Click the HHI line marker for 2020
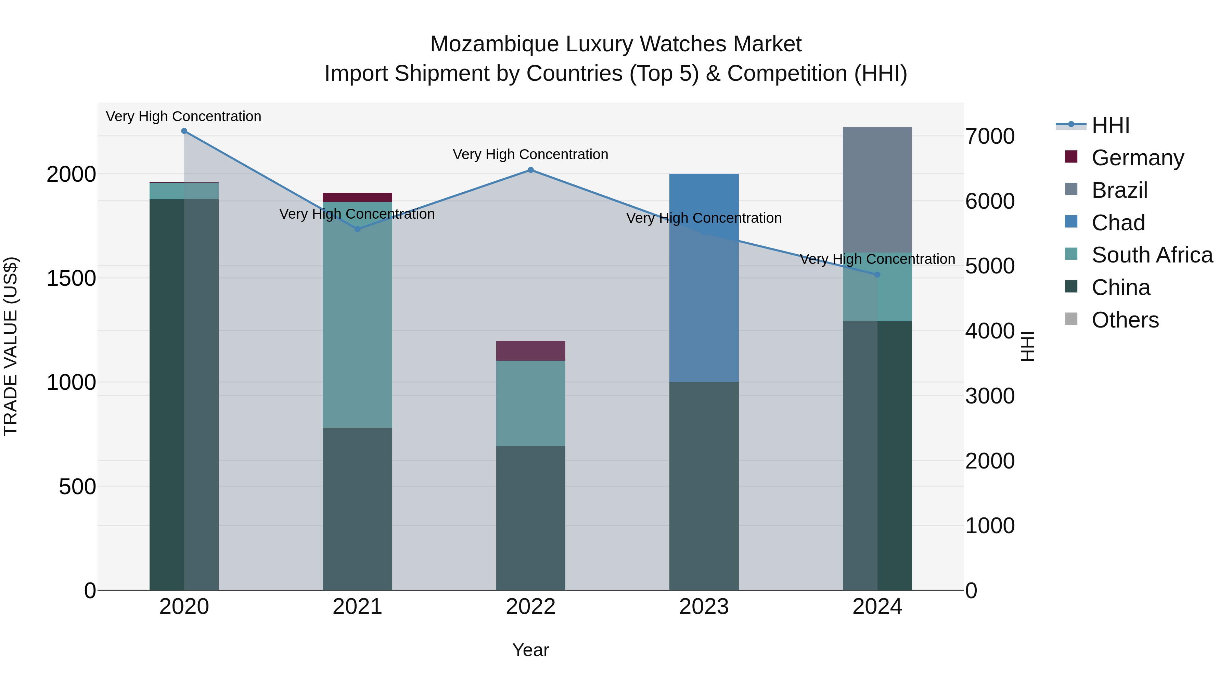pos(184,131)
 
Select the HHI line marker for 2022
pos(530,170)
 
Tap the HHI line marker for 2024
pos(877,274)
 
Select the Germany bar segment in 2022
pos(530,350)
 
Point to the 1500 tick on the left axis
pos(71,278)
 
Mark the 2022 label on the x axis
pos(530,607)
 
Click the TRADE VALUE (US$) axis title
pos(11,346)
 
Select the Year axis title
pos(530,650)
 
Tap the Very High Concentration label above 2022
pos(530,154)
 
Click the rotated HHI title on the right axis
pos(1027,346)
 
